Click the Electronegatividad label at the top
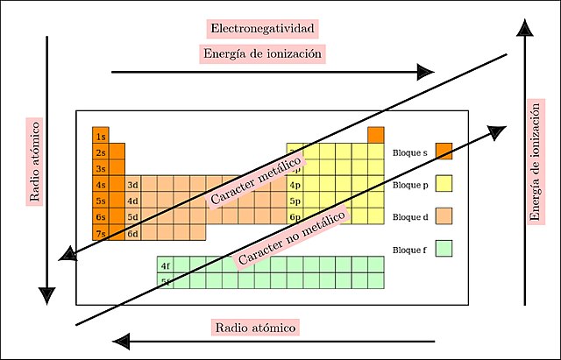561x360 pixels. (x=262, y=29)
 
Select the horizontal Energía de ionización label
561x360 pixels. (x=263, y=54)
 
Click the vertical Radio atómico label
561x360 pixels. (x=35, y=161)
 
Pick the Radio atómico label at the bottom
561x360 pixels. (x=255, y=328)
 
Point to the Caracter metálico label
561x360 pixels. (x=257, y=182)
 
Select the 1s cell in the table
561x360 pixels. (x=101, y=137)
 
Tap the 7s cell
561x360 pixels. (x=101, y=233)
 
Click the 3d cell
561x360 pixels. (x=133, y=185)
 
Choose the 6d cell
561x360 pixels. (x=133, y=233)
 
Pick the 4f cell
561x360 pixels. (x=166, y=265)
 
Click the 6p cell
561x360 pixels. (x=295, y=216)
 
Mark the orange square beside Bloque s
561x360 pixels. (x=444, y=152)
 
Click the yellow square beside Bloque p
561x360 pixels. (x=444, y=184)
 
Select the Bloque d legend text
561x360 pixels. (x=411, y=216)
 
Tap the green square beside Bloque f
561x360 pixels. (x=444, y=249)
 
